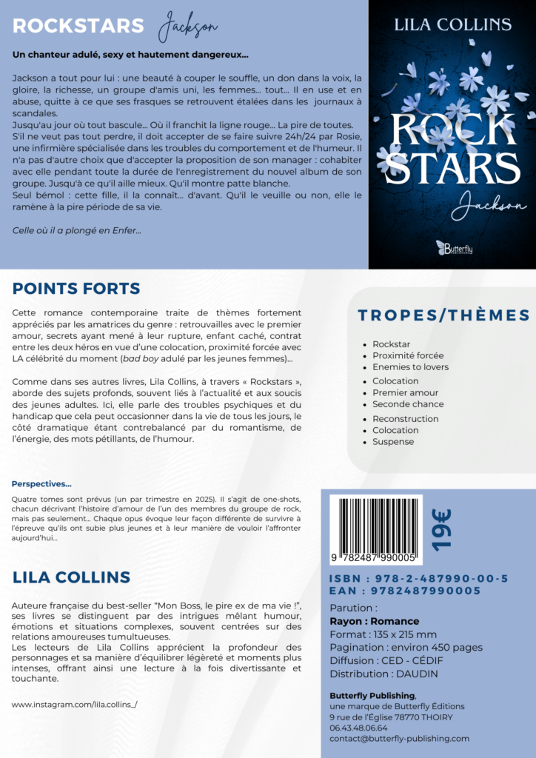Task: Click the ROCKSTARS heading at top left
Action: (78, 26)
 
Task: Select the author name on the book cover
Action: (452, 24)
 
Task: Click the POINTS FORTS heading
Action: (76, 288)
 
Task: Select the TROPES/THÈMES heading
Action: (443, 315)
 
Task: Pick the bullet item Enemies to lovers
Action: (410, 367)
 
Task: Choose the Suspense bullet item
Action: (393, 442)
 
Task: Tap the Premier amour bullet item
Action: (405, 392)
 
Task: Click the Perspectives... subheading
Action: (41, 484)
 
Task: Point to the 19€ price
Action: (442, 529)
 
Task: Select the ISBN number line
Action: (418, 578)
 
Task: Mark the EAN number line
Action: (405, 591)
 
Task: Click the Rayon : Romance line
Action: (374, 621)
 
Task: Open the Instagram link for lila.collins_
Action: (75, 704)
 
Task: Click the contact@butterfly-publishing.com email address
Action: (399, 738)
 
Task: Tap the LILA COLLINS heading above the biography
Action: (71, 577)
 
